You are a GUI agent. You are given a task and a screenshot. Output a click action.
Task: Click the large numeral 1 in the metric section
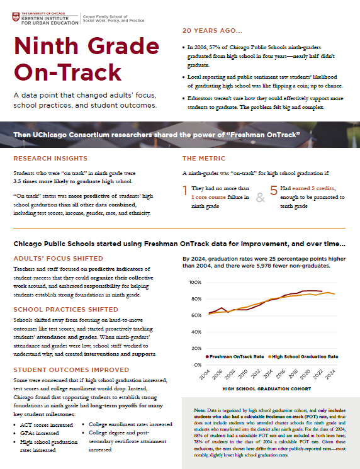click(186, 193)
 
